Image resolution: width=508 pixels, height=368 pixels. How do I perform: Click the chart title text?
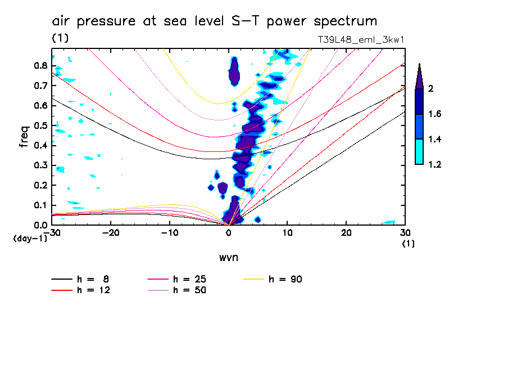(x=214, y=22)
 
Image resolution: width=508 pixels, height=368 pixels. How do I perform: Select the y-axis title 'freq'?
(x=24, y=137)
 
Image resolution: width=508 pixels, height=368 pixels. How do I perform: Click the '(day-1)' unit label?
(x=29, y=239)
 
